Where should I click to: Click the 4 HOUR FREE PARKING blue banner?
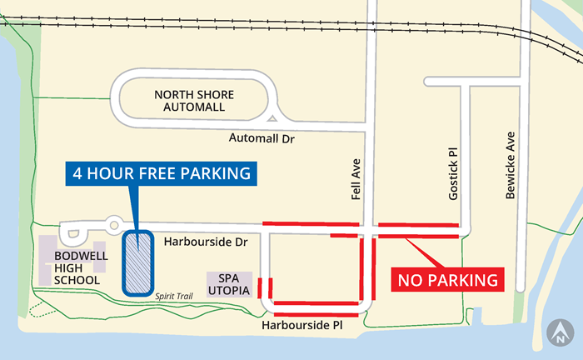[162, 174]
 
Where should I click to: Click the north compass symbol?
[560, 333]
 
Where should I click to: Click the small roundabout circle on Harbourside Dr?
[113, 223]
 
